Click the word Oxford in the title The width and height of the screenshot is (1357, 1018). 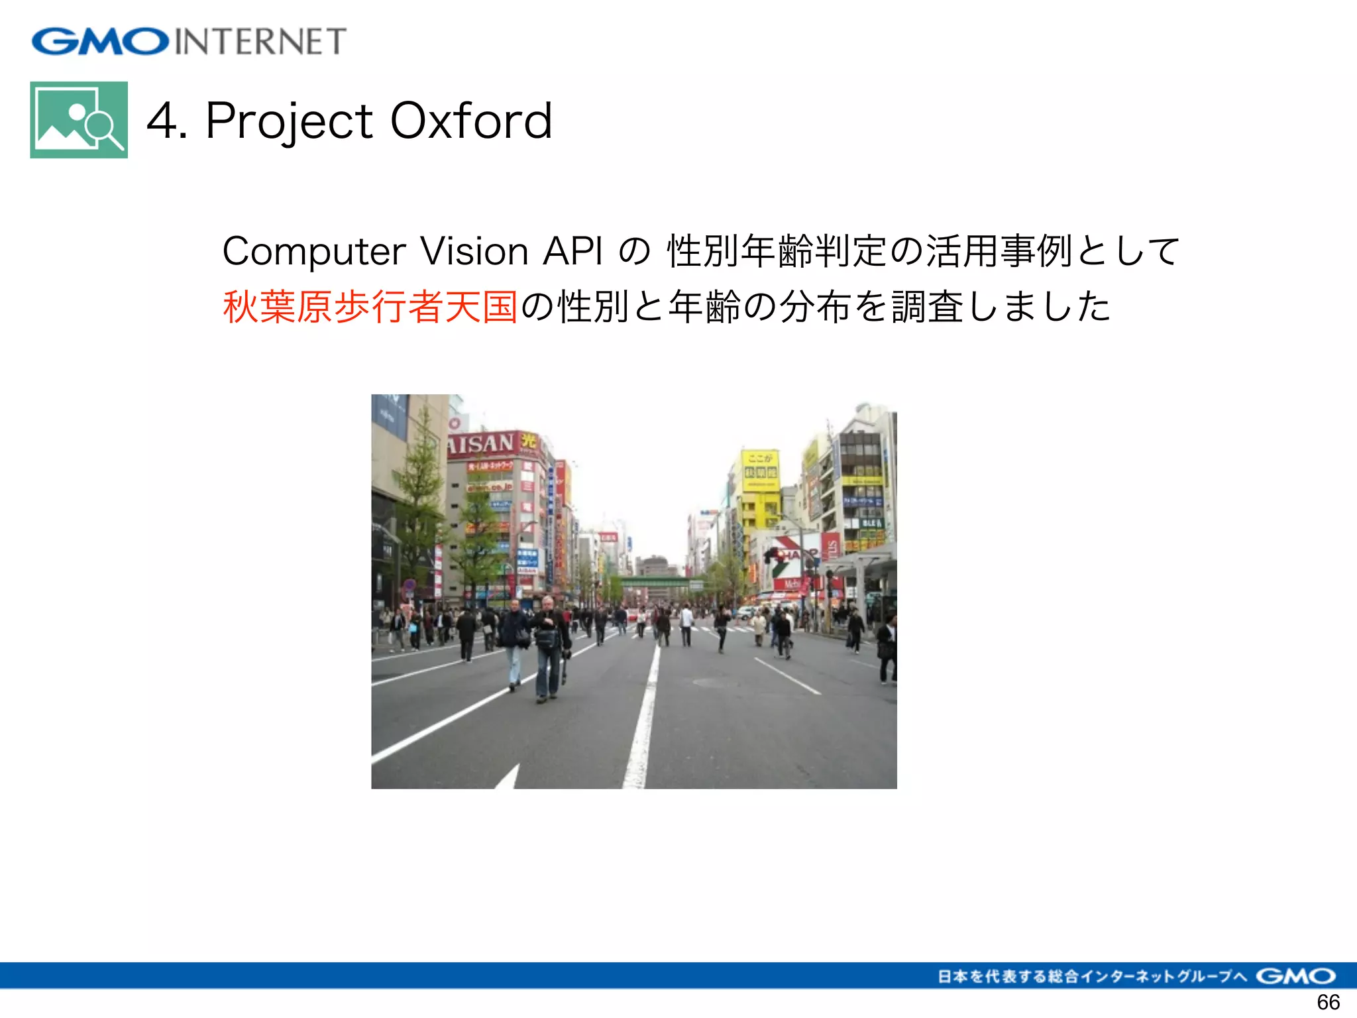[471, 121]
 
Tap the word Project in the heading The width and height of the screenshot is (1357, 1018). [290, 122]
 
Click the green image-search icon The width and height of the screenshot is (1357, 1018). [79, 120]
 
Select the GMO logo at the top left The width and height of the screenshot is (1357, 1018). [100, 41]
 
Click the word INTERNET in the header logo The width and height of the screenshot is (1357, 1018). [260, 42]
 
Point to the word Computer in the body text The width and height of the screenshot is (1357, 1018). [314, 252]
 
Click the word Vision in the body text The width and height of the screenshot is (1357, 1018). [474, 252]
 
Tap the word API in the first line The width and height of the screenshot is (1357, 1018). [572, 252]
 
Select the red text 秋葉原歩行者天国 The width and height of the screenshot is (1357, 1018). [370, 307]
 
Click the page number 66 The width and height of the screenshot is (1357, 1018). [1328, 1002]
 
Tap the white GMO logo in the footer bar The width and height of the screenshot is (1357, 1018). [1295, 976]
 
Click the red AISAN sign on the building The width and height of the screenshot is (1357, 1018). [482, 443]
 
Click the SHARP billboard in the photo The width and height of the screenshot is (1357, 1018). [792, 555]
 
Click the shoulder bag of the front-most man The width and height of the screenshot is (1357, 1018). [548, 639]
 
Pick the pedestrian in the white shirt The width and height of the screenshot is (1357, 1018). [686, 623]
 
